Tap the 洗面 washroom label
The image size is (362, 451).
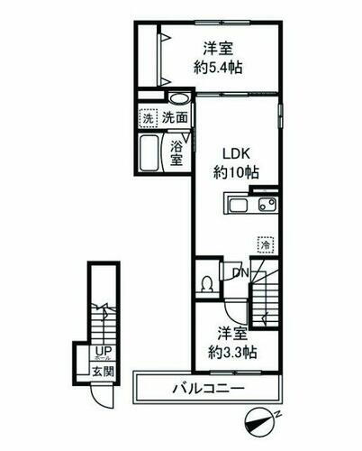(x=176, y=118)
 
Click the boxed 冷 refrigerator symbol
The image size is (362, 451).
(x=265, y=243)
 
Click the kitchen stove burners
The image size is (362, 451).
(x=267, y=206)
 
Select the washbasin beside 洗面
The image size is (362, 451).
(x=179, y=99)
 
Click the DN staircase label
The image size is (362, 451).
(x=241, y=273)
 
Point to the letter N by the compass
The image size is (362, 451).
(x=279, y=411)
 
